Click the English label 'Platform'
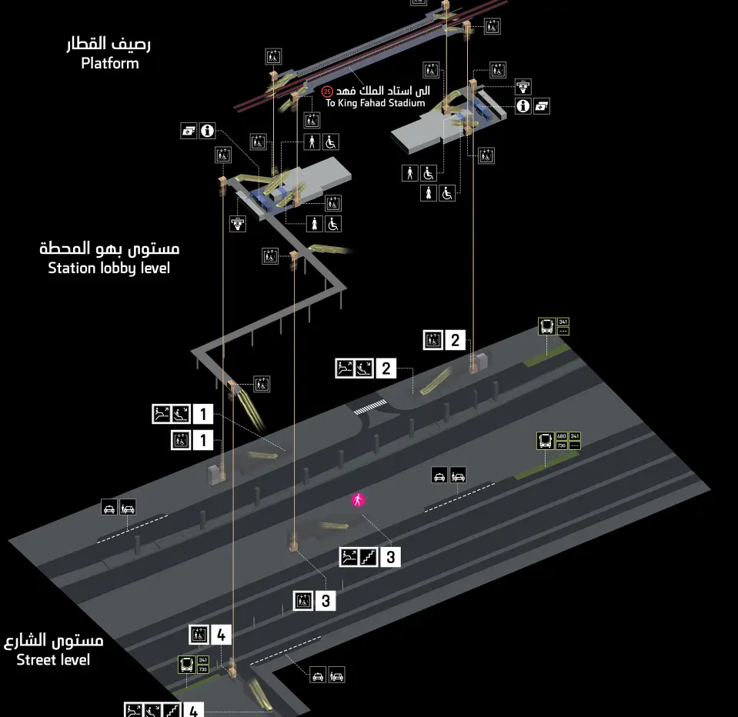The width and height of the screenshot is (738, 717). coord(110,64)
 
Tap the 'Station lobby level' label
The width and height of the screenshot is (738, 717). coord(109,268)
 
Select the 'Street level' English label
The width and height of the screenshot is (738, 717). coord(53,659)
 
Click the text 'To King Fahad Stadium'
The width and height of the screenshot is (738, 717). coord(375,103)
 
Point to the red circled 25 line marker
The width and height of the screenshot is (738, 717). coord(326,92)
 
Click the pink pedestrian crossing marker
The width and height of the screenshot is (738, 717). coord(358,500)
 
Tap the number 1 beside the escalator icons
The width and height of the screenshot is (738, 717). coord(202,414)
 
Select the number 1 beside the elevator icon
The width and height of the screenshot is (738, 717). coord(202,441)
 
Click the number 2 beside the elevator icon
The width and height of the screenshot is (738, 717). coord(455,340)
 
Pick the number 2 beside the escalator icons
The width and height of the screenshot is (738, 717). coord(386,369)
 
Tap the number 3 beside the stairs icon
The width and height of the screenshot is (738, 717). coord(390,557)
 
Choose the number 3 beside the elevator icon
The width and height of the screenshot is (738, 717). coord(325,601)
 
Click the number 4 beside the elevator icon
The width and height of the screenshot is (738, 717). coord(221,635)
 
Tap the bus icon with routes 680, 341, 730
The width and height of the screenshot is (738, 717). coord(546,442)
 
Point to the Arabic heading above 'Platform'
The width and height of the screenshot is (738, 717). coord(109,44)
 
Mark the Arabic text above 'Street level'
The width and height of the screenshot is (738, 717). coord(54,640)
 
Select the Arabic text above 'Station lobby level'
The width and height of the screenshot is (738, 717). coord(109,248)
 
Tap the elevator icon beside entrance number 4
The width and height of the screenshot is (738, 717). coord(199,635)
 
